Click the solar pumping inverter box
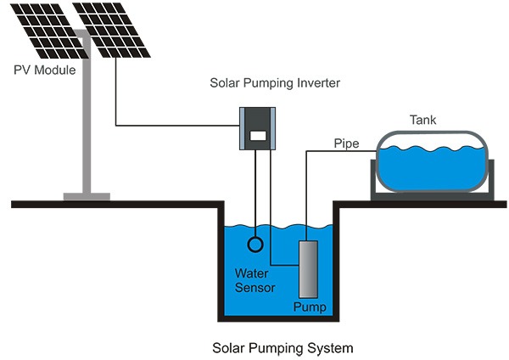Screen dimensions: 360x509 tap(259, 128)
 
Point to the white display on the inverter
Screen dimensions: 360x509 tap(259, 135)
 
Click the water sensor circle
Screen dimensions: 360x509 tap(255, 245)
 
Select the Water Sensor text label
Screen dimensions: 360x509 tap(255, 280)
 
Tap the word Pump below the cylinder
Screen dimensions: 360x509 tap(309, 307)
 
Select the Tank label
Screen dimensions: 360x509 tap(422, 120)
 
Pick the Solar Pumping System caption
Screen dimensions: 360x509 tap(282, 348)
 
